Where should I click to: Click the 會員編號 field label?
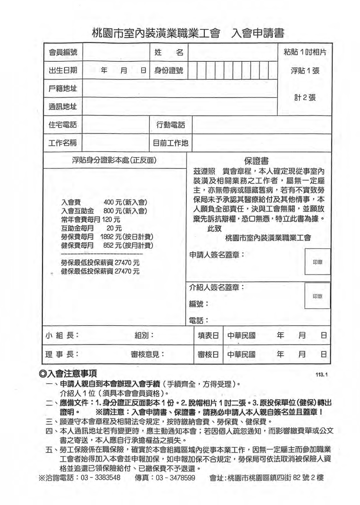tap(63, 52)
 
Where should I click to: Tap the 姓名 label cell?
tap(169, 52)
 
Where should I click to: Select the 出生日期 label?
tap(63, 70)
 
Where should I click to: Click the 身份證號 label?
tap(169, 70)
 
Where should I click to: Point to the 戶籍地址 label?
tap(63, 88)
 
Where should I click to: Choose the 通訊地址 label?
tap(63, 106)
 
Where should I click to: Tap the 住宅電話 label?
tap(63, 125)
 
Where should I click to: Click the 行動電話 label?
tap(171, 125)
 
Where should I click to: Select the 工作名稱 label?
tap(63, 143)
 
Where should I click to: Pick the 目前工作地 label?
tap(171, 143)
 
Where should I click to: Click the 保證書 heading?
tap(256, 161)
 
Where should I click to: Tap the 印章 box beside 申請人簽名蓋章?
tap(317, 262)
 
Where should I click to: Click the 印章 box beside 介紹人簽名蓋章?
tap(317, 296)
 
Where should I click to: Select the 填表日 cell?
tap(208, 335)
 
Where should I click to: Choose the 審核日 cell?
tap(208, 354)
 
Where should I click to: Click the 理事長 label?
tap(62, 354)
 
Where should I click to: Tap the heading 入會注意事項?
tap(69, 374)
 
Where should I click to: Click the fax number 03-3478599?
tap(175, 478)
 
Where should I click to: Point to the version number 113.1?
tap(322, 375)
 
